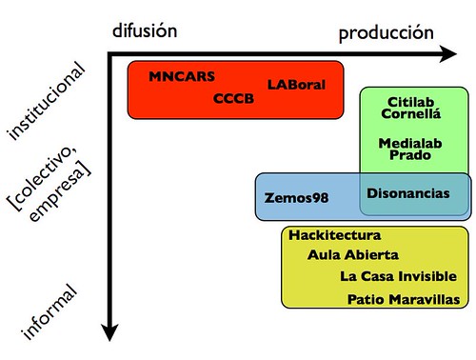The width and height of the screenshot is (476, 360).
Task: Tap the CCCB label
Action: pyautogui.click(x=234, y=98)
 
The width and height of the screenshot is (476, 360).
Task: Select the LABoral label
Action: pyautogui.click(x=297, y=85)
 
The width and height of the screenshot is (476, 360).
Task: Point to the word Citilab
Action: pyautogui.click(x=411, y=102)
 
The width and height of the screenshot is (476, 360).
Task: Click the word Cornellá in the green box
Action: pyautogui.click(x=411, y=116)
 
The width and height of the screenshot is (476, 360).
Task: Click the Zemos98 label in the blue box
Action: pyautogui.click(x=295, y=199)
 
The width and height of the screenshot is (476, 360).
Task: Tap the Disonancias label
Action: pyautogui.click(x=408, y=192)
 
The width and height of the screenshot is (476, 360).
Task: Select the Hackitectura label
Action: pyautogui.click(x=335, y=235)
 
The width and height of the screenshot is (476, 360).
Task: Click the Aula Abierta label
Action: pyautogui.click(x=352, y=255)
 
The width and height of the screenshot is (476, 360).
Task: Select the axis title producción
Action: pyautogui.click(x=387, y=33)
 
